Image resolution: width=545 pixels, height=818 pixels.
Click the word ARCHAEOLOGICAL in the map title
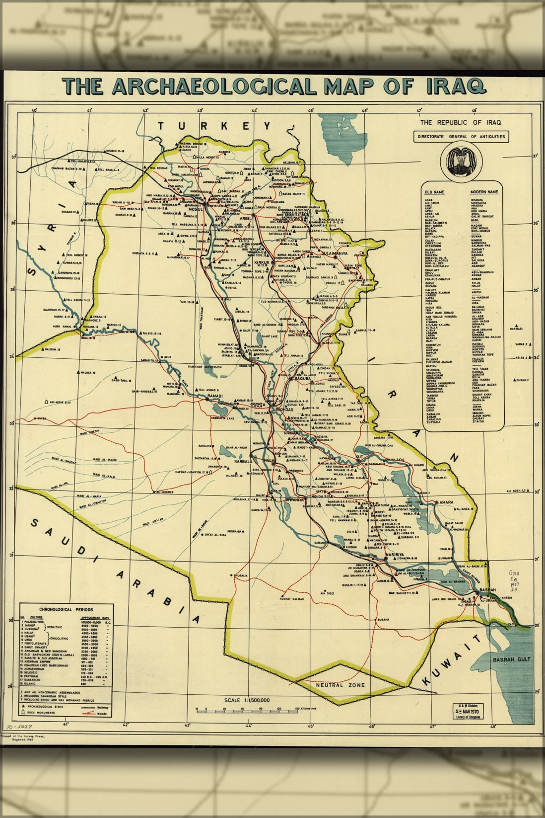[214, 86]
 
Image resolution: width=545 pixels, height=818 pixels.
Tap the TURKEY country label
[214, 126]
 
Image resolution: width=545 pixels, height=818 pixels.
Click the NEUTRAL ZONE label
[341, 685]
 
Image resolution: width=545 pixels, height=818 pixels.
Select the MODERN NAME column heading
[484, 191]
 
